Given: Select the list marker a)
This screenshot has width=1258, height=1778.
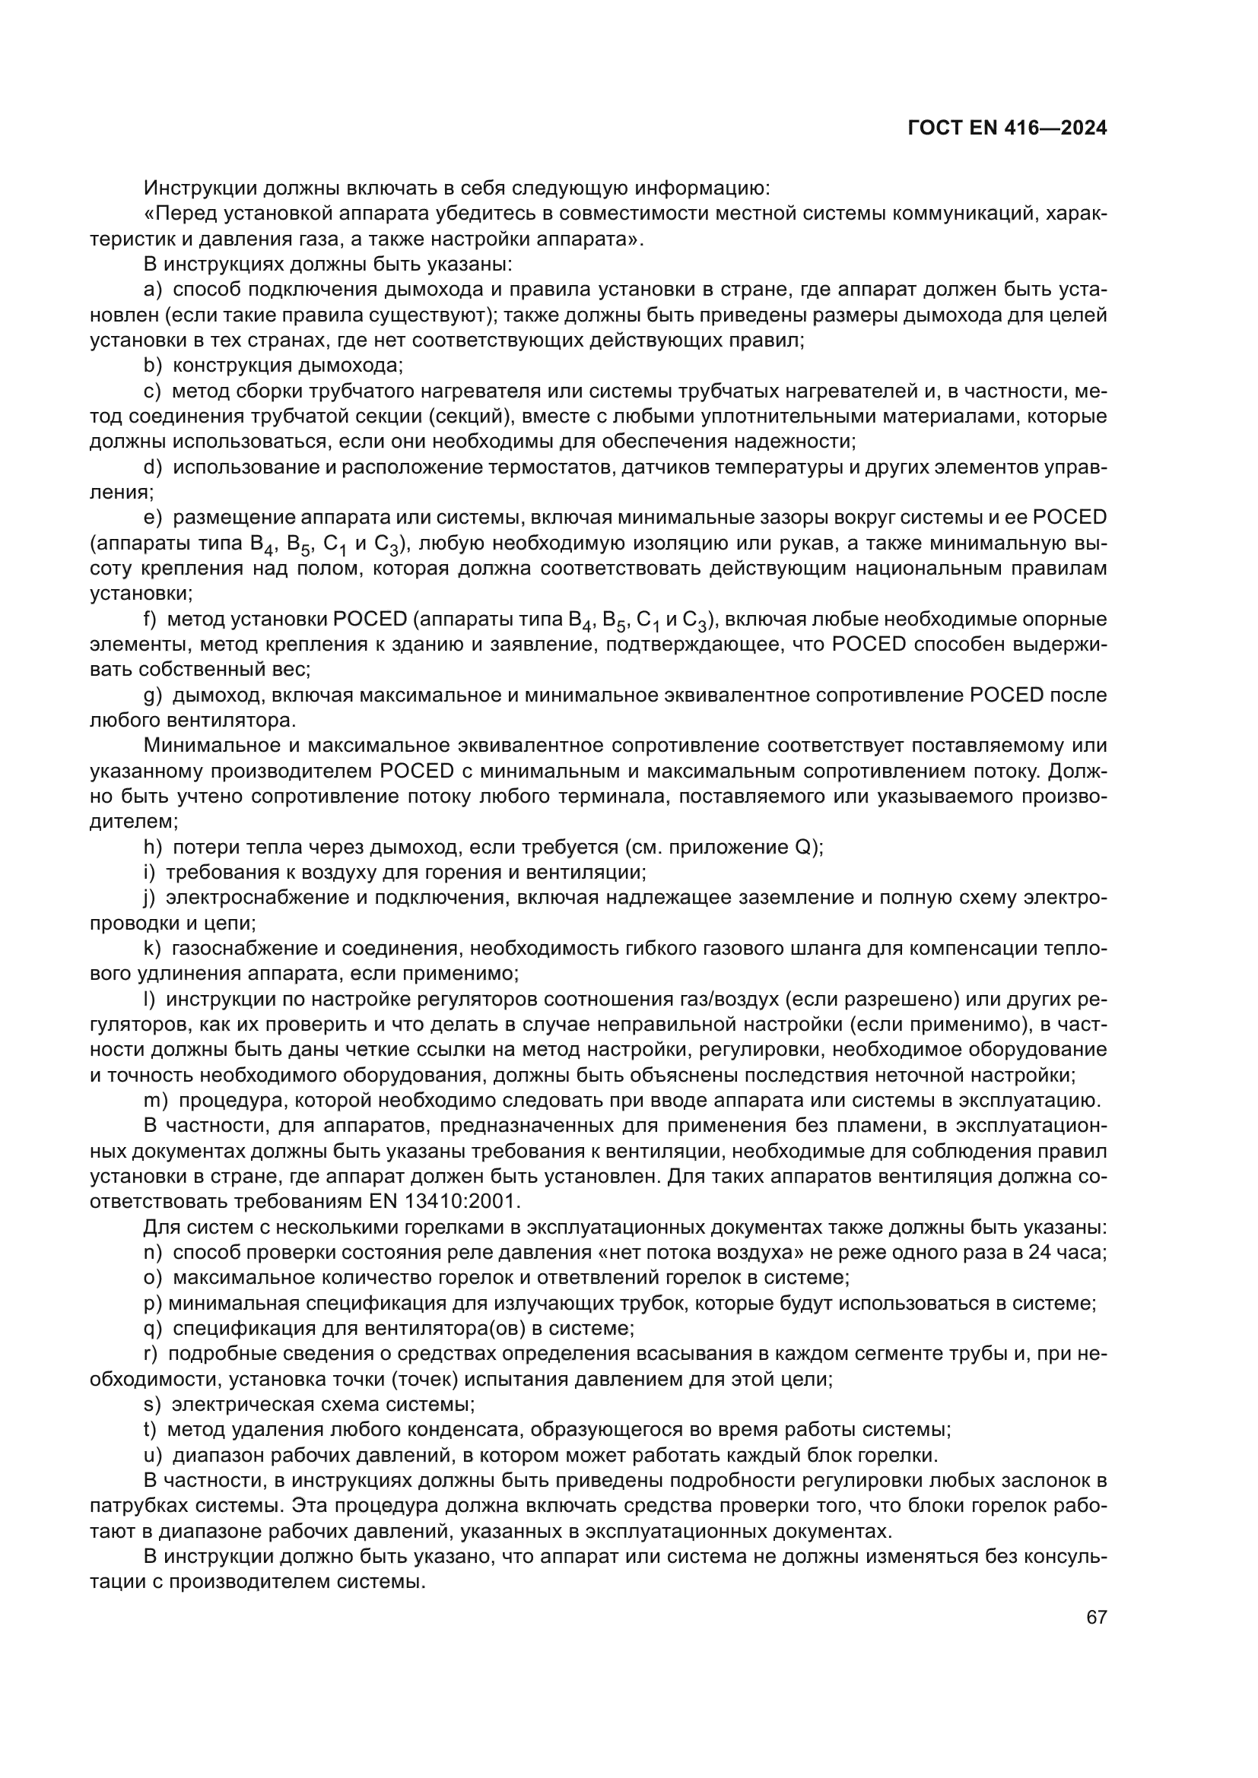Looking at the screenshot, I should point(153,290).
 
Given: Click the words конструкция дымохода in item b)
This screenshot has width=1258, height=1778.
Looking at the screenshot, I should point(287,366).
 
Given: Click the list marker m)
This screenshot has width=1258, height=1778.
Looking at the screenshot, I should point(156,1101).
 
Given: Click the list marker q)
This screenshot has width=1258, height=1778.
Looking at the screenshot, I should point(153,1329).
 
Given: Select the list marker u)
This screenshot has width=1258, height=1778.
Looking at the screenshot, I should point(153,1455).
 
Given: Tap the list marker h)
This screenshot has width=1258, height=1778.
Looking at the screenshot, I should point(153,847).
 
